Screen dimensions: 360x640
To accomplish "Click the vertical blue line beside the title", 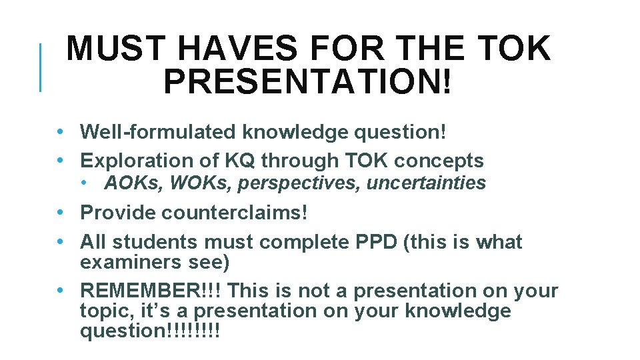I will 41,67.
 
